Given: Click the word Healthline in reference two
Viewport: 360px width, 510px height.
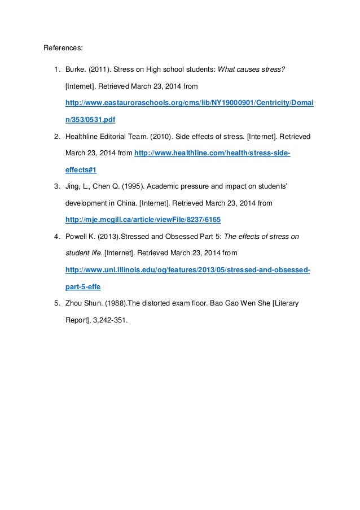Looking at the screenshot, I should tap(84, 137).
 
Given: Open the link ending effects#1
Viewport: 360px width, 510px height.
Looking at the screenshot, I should tap(81, 169).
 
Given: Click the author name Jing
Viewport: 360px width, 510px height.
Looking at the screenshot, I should tap(73, 185).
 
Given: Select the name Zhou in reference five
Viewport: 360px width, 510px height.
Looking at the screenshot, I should tap(75, 303).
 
